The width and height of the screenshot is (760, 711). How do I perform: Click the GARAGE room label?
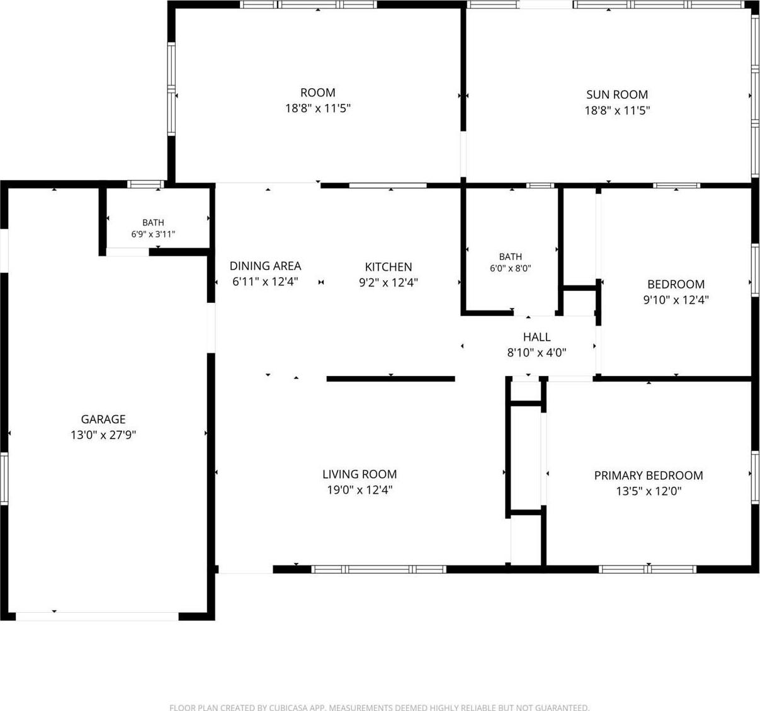pos(103,419)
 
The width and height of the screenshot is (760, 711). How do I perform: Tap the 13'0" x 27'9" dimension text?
pos(103,435)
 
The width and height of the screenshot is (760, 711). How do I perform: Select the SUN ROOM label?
pos(617,94)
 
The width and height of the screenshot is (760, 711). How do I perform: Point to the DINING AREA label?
pos(265,266)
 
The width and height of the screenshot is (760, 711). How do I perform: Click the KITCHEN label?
pos(389,267)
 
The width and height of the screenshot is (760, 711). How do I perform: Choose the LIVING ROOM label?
pos(360,474)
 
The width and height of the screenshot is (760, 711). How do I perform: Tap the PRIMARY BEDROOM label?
pos(649,475)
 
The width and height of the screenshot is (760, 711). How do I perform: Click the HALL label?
pos(537,337)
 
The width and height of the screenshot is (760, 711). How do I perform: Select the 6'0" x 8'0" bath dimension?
pos(511,268)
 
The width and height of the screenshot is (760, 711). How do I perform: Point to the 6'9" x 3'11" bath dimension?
pos(153,234)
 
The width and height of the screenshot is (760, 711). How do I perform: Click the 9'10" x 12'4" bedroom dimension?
pos(676,300)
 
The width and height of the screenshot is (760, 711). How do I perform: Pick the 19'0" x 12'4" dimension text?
pos(360,490)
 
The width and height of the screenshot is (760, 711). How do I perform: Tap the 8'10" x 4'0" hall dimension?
pos(537,353)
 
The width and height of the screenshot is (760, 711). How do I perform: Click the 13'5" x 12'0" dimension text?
pos(649,491)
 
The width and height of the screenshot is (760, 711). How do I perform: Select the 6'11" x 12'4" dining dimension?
pos(265,282)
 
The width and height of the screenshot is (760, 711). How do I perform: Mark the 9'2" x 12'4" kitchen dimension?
pos(389,283)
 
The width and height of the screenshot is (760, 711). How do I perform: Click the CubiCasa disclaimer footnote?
pos(379,708)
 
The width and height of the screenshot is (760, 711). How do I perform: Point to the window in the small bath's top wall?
pos(145,185)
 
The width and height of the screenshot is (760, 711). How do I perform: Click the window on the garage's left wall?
pos(4,478)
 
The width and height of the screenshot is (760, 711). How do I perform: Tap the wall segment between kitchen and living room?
pos(391,379)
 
